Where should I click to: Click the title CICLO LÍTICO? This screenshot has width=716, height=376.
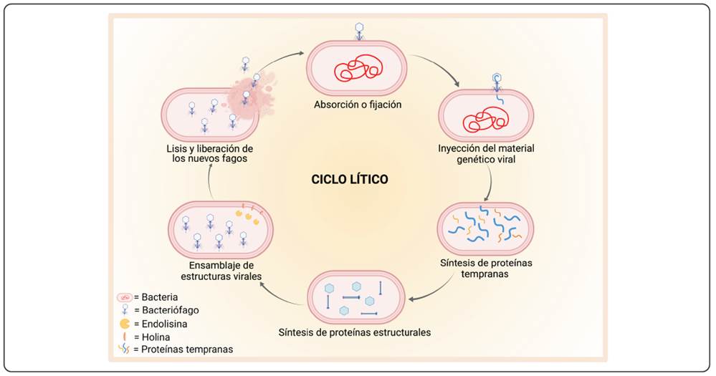[350, 179]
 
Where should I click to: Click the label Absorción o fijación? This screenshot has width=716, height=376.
[357, 105]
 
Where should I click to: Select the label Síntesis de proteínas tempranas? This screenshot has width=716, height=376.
[486, 268]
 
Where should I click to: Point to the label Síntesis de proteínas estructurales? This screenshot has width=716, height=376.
[355, 332]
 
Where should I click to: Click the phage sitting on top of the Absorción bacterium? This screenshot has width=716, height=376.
[359, 30]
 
